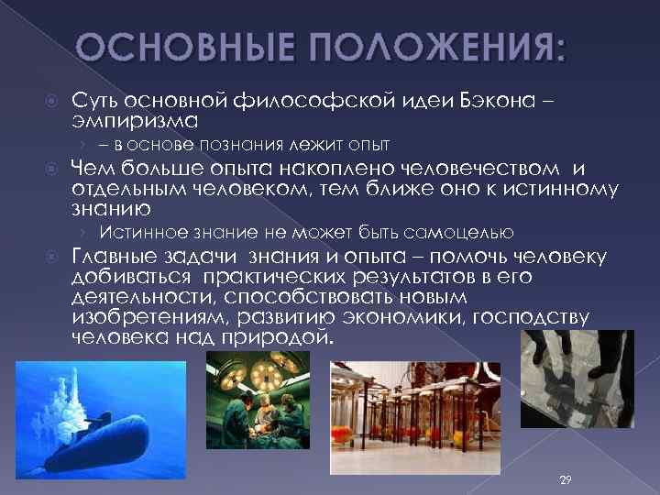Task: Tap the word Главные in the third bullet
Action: point(119,257)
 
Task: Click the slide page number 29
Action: point(565,480)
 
